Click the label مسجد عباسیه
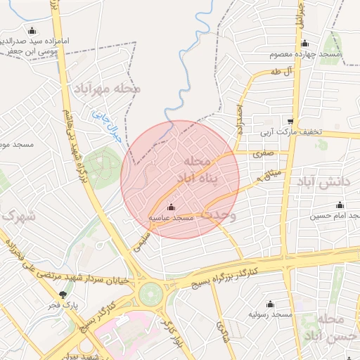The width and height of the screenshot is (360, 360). point(170,219)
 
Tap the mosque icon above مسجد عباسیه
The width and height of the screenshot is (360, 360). point(171,207)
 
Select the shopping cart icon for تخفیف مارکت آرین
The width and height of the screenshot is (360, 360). point(290,121)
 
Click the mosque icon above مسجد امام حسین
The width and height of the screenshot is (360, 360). point(320,205)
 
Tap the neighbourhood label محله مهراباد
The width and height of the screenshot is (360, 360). point(106,89)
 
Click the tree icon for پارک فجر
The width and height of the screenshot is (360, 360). point(64,295)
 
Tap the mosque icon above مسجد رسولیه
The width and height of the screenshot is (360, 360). point(270,304)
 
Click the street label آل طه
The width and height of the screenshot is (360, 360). point(280,72)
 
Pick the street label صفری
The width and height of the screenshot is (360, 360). point(264,152)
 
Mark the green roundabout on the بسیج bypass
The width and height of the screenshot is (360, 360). point(149,292)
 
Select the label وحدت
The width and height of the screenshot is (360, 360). point(224,212)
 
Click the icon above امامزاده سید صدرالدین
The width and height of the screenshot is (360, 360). point(31,30)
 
